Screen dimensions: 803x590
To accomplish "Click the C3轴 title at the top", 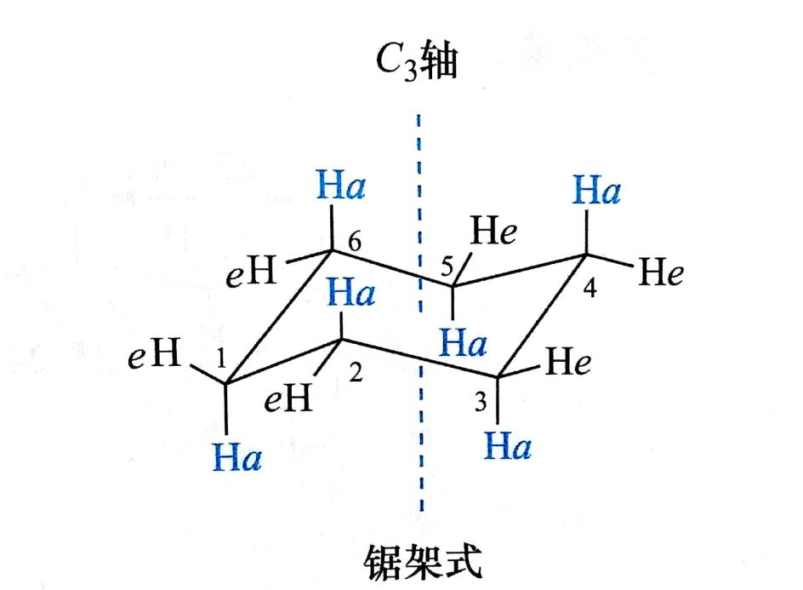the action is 418,65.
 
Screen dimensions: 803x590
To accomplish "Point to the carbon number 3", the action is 481,404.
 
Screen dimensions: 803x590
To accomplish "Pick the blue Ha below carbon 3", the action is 508,445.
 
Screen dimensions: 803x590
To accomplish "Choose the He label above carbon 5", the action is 493,230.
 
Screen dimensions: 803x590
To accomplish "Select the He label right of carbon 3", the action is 569,364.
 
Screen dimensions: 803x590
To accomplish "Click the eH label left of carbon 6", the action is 250,274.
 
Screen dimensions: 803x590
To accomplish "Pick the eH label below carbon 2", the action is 288,398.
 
